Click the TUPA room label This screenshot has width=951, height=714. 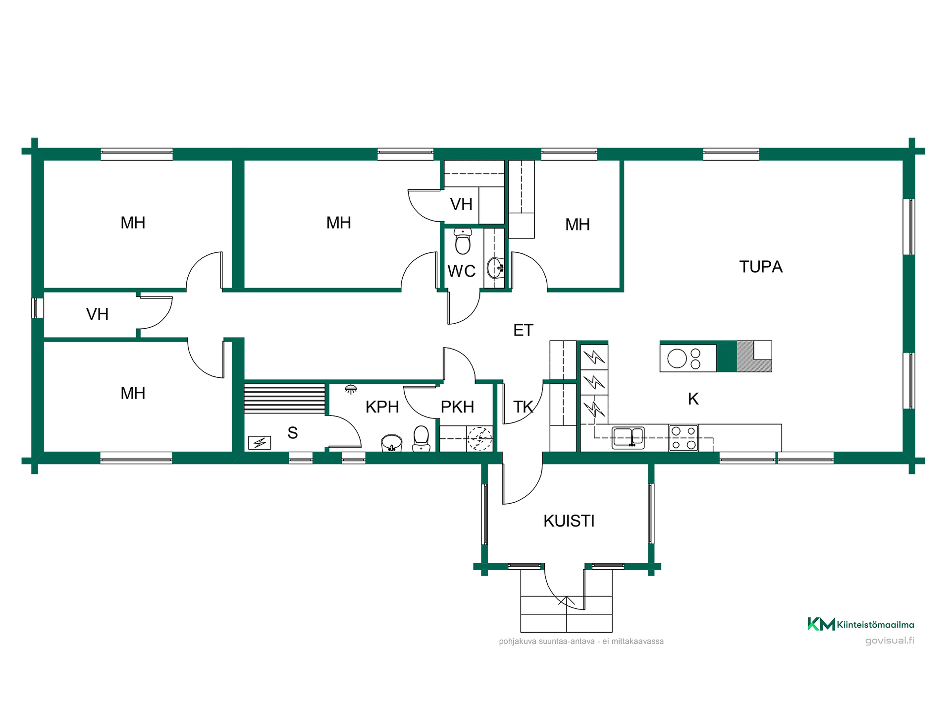(x=761, y=267)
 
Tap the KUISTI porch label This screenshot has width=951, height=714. (x=569, y=521)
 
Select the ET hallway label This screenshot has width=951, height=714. (x=523, y=330)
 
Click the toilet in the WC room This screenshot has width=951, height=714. (x=463, y=241)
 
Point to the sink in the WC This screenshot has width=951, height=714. (x=496, y=268)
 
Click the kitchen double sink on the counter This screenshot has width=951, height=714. (x=628, y=438)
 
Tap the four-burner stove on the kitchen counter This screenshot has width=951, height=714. (x=684, y=438)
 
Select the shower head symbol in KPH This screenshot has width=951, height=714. (x=351, y=389)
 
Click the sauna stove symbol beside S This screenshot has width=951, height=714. (x=260, y=442)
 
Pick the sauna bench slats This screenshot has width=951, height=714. (x=285, y=399)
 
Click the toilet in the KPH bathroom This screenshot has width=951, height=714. (x=421, y=438)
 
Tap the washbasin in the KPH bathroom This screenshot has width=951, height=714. (x=391, y=443)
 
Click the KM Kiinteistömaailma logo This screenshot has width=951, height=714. (x=861, y=624)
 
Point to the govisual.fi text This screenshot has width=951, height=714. (x=890, y=640)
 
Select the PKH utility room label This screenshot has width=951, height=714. (x=457, y=407)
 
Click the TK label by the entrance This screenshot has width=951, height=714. (x=523, y=407)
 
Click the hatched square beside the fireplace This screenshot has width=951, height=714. (x=754, y=357)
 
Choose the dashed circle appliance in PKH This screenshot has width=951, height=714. (x=480, y=438)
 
